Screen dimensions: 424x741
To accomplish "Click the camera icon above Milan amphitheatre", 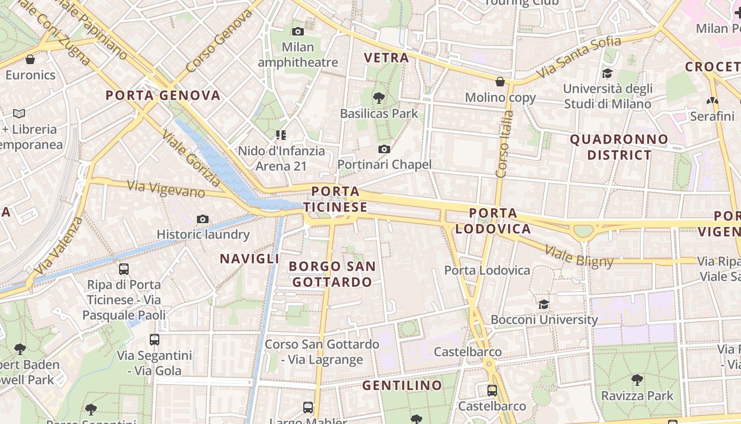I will coord(298,31).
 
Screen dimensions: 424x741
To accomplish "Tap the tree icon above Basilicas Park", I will coord(378,98).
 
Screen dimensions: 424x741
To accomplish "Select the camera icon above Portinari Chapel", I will coord(384,149).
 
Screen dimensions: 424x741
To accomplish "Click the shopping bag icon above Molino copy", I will coord(500,82).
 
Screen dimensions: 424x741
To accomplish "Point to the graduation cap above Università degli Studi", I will coord(607,73).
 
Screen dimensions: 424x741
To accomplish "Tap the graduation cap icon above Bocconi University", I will coord(544,304).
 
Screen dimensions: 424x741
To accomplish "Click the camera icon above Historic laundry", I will coord(202,219).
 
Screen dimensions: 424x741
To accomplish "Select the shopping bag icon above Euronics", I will coord(30,59).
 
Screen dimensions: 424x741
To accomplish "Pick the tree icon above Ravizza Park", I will coord(637,379).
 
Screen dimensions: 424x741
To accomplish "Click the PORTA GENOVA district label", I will coord(162,95).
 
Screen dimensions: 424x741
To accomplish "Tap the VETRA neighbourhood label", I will coord(387,58).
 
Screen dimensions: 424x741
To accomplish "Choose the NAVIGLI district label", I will coord(249,259).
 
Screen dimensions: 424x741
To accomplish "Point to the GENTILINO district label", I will coord(402,385).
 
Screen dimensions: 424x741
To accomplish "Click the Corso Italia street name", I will coord(502,144).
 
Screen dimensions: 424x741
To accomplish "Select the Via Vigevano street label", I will coord(166,189).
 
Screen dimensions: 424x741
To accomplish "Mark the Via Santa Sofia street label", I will coord(579,57).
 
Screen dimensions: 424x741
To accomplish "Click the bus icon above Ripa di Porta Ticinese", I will coord(124,269).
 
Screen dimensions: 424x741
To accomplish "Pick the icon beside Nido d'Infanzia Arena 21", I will coord(281,135).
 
